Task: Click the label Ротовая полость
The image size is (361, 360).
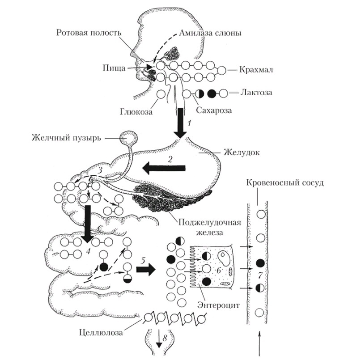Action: coord(89,33)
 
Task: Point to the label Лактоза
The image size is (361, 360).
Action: coord(257,93)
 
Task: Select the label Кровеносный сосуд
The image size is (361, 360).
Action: coord(280,184)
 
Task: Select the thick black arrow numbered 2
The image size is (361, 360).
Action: coord(164,168)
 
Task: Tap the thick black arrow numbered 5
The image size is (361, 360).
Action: coord(146,269)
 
